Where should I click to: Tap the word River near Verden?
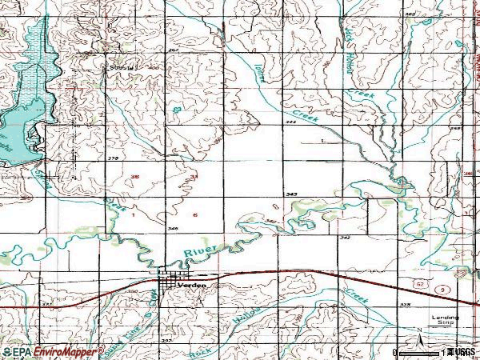pos(197,254)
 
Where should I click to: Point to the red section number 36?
pos(134,177)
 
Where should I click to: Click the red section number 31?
pos(194,177)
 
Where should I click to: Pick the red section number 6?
pos(194,214)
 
